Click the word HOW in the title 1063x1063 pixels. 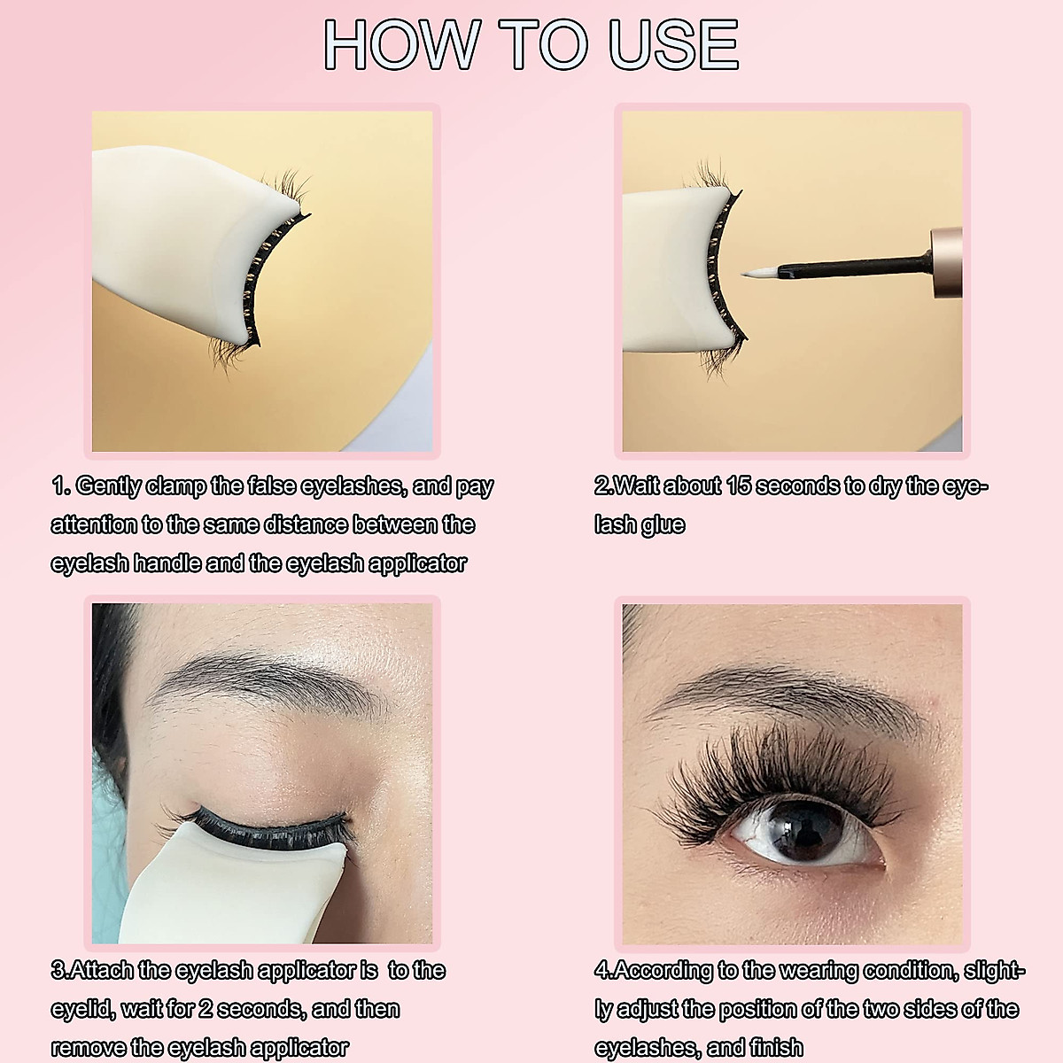pyautogui.click(x=399, y=43)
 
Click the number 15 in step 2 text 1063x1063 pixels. pyautogui.click(x=739, y=485)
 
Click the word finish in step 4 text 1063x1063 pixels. pyautogui.click(x=776, y=1047)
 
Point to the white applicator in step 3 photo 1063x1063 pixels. pyautogui.click(x=204, y=886)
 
